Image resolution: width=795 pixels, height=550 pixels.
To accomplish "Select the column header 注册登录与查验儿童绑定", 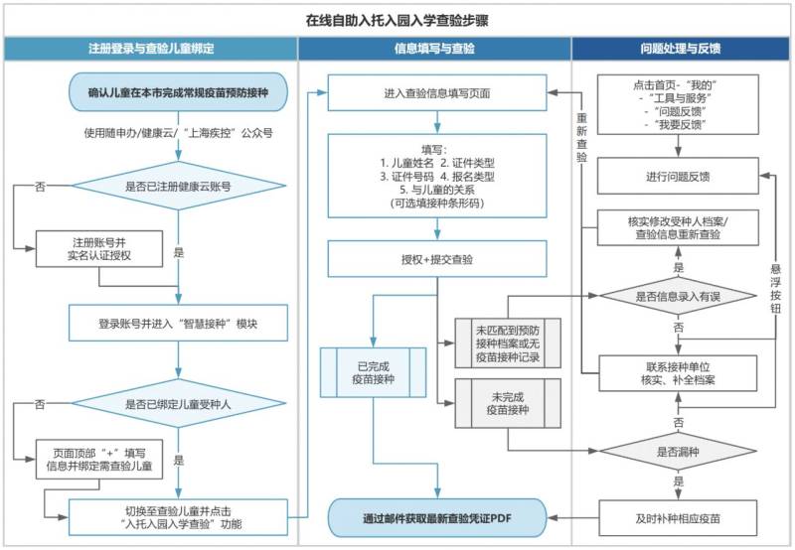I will (x=150, y=48).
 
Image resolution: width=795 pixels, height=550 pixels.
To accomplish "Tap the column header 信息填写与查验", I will (x=434, y=48).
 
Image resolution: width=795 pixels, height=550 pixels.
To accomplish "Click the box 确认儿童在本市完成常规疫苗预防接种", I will (x=179, y=92).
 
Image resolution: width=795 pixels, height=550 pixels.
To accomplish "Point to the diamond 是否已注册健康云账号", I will (x=179, y=186).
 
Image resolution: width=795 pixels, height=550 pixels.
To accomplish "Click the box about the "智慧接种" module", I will (x=179, y=323).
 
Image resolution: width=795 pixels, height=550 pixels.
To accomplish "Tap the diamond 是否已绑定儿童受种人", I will (x=179, y=404).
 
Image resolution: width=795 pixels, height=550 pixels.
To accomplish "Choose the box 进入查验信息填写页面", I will (x=437, y=94).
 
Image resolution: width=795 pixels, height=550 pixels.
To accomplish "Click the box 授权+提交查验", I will (x=437, y=259).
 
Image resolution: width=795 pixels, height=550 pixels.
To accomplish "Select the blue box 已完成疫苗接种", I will (x=373, y=370).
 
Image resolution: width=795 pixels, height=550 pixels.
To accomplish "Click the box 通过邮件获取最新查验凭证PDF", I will (x=437, y=517).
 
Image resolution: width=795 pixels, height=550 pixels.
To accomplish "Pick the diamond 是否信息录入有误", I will (x=679, y=297).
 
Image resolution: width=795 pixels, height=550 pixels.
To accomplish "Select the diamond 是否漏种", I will (x=679, y=450).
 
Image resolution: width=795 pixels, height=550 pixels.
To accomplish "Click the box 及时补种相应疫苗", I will (x=679, y=517).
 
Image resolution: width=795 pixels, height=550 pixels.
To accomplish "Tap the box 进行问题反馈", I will (x=679, y=177).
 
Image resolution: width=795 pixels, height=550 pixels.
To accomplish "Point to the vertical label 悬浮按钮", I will (x=776, y=289).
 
